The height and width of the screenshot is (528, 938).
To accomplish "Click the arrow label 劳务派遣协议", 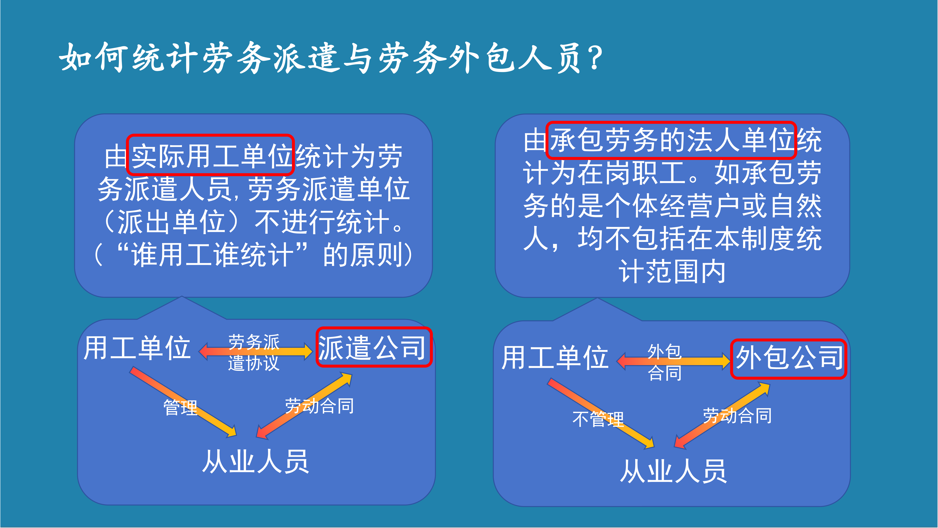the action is (x=254, y=352).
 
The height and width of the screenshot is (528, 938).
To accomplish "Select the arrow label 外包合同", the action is (x=665, y=363).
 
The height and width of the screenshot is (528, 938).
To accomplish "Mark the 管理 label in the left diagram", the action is (x=180, y=407).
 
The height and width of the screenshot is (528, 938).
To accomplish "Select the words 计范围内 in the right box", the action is (x=672, y=272).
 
